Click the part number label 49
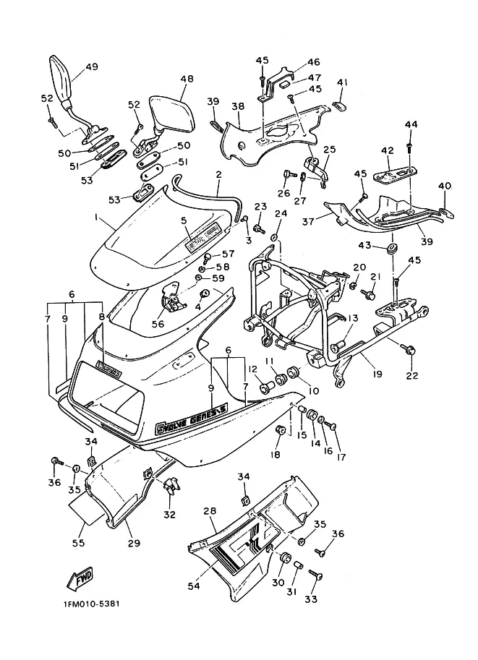(x=91, y=67)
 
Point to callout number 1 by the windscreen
(x=95, y=217)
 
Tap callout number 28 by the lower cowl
(x=210, y=510)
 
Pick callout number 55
(x=77, y=541)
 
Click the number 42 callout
(x=387, y=150)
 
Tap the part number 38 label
(x=238, y=106)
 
